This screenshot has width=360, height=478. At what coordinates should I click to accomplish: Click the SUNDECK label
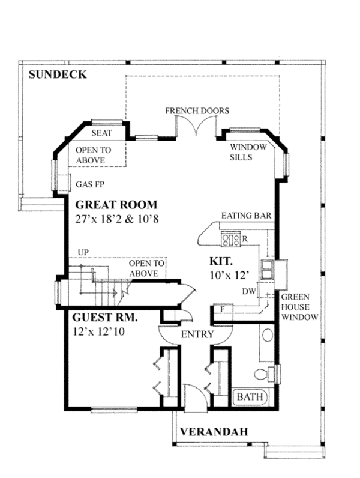(x=58, y=74)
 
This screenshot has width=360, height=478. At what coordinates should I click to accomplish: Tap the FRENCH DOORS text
(x=197, y=110)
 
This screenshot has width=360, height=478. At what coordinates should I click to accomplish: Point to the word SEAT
(x=102, y=133)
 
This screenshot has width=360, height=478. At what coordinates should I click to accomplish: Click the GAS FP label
(x=90, y=184)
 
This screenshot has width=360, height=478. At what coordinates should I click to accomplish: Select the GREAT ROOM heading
(x=116, y=204)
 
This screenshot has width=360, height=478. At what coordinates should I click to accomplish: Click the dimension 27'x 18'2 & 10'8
(x=116, y=219)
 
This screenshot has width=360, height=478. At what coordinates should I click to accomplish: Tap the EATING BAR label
(x=246, y=216)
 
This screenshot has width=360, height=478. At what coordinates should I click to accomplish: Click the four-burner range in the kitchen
(x=230, y=238)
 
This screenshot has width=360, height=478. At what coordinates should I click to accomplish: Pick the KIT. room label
(x=221, y=261)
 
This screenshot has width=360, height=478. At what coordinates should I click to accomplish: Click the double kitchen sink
(x=267, y=270)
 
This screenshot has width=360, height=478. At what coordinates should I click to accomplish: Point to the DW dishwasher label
(x=249, y=292)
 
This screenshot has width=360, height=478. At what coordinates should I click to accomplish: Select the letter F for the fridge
(x=223, y=309)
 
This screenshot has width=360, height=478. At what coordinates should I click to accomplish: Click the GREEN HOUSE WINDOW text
(x=299, y=307)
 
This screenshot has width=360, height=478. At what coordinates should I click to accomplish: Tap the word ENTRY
(x=197, y=334)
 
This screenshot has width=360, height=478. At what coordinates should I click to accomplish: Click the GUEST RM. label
(x=105, y=317)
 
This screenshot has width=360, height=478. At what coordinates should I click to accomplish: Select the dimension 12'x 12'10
(x=98, y=331)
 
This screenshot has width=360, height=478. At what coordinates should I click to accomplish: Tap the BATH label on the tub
(x=250, y=396)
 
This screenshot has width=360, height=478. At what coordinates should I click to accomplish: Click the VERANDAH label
(x=214, y=432)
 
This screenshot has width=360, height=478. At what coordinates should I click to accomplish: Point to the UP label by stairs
(x=83, y=252)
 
